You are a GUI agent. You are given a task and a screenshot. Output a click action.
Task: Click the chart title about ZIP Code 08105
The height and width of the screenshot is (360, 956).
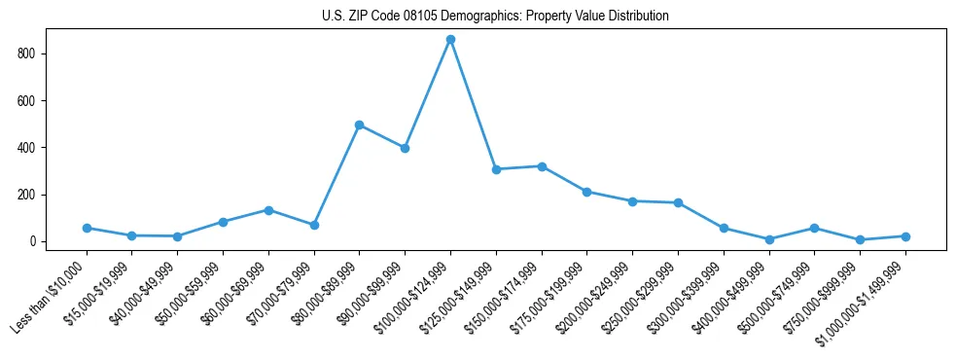(495, 17)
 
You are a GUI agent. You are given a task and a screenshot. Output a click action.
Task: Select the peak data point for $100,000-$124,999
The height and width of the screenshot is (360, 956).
(450, 40)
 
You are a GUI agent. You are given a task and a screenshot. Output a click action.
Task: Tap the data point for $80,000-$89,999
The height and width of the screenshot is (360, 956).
(360, 126)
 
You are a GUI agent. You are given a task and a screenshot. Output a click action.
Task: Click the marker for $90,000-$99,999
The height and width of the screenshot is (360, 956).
(405, 148)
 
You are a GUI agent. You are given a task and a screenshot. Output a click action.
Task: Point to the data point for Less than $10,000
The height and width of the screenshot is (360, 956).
(87, 228)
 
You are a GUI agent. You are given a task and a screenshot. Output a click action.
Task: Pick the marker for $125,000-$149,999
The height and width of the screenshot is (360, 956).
(496, 169)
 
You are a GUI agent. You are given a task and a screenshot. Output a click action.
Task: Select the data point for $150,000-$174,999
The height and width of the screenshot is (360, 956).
(542, 166)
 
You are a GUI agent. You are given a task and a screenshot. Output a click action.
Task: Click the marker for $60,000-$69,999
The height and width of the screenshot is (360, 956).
(268, 210)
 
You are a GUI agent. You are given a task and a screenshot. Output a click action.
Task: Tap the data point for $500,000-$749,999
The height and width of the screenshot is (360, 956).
(814, 228)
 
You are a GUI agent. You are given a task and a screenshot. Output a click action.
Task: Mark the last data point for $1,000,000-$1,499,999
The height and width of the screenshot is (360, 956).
(905, 236)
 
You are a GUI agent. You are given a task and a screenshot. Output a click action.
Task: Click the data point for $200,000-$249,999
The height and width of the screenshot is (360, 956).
(632, 201)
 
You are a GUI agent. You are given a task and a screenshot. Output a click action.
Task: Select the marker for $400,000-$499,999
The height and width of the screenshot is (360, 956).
(769, 239)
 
